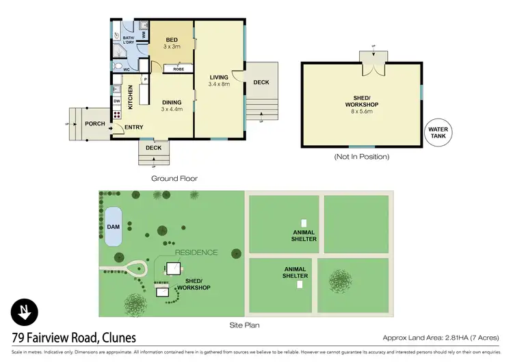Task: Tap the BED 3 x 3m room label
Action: click(172, 42)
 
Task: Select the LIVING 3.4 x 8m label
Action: click(219, 80)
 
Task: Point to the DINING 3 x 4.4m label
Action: click(172, 105)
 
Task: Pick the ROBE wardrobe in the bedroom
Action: click(177, 69)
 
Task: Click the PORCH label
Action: click(94, 123)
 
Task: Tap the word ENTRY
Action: click(134, 127)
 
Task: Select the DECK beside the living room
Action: click(261, 82)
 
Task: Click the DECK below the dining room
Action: click(153, 147)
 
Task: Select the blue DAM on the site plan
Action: click(111, 225)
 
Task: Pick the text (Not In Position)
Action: click(361, 157)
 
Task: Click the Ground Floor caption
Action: click(174, 178)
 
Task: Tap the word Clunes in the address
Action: click(114, 338)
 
